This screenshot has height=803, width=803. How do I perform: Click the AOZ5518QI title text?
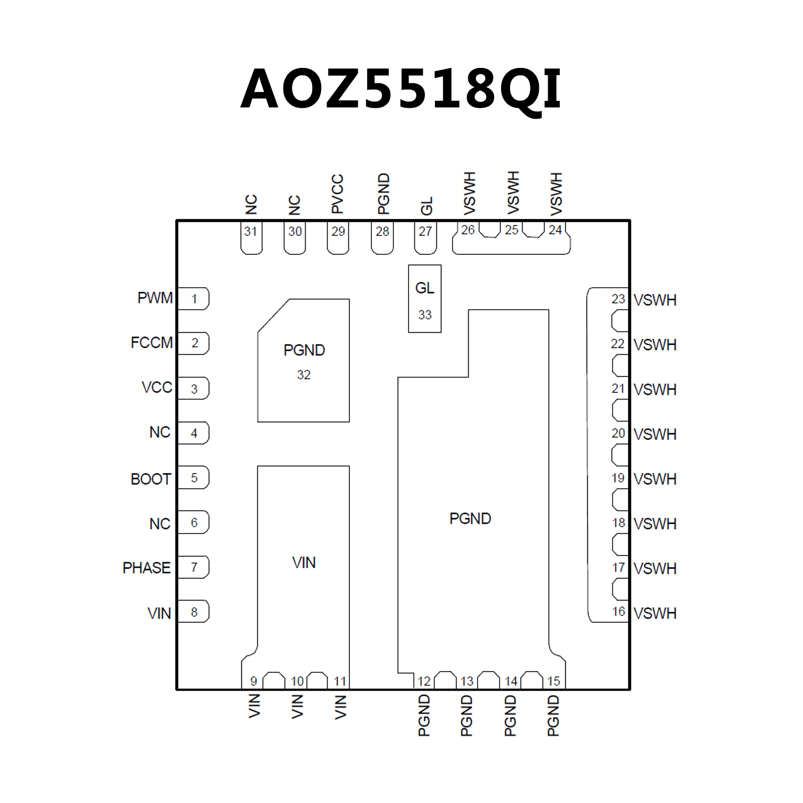point(401,89)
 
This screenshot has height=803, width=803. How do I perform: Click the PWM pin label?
point(155,298)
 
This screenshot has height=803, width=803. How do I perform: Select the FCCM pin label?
point(152,343)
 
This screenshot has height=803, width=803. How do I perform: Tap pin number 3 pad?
point(194,389)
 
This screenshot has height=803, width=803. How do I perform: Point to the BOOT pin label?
point(151,479)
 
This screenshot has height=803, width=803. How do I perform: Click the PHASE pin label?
point(146,568)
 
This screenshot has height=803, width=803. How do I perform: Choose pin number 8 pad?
point(194,612)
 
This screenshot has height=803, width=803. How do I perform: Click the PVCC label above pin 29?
point(337,194)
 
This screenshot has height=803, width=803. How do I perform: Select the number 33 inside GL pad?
point(425,315)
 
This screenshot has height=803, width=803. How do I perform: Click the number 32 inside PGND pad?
point(304,375)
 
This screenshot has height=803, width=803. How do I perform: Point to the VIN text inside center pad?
point(304,563)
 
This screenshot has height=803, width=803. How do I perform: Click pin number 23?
point(618,299)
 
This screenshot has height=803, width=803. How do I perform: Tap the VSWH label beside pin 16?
point(655,613)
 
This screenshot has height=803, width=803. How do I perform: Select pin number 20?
point(618,433)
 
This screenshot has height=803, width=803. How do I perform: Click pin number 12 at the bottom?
point(424,681)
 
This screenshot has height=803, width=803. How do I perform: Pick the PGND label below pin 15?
point(553,716)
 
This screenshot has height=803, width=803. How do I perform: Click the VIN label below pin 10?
point(297,706)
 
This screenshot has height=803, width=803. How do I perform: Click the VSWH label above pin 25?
point(513,193)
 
